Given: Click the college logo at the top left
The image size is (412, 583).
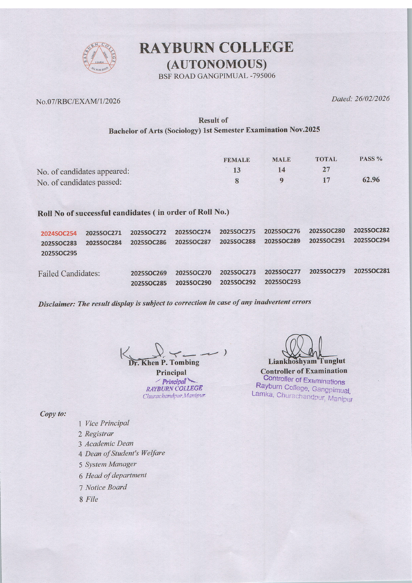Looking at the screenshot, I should (99, 58).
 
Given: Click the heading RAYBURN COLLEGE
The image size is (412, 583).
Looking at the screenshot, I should (216, 47).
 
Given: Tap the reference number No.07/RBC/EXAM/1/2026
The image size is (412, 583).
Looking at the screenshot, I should (78, 102).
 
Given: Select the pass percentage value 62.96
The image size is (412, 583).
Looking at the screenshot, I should (370, 181).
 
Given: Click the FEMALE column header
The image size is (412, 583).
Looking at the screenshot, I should (237, 159).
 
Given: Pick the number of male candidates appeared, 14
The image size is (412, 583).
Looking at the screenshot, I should (281, 170).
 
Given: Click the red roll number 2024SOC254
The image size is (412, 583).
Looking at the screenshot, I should (58, 233).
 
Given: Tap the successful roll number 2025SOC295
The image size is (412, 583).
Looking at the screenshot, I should (58, 253).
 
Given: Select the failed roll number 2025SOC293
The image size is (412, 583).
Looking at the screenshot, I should (282, 282).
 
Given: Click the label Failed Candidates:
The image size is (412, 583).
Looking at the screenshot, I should (69, 273).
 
